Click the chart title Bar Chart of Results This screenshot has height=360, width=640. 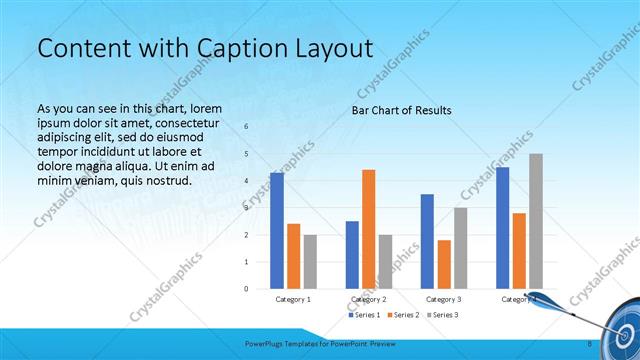pyautogui.click(x=401, y=110)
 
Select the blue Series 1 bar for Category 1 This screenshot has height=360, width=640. pyautogui.click(x=276, y=231)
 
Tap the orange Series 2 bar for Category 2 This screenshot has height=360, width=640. pyautogui.click(x=368, y=229)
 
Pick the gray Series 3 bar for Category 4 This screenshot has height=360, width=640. pyautogui.click(x=536, y=221)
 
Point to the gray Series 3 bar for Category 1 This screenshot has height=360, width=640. pyautogui.click(x=310, y=262)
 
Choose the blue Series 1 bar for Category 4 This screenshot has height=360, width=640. pyautogui.click(x=502, y=228)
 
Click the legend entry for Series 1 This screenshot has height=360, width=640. pyautogui.click(x=364, y=315)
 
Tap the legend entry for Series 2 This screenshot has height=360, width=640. pyautogui.click(x=403, y=315)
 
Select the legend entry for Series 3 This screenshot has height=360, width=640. pyautogui.click(x=442, y=315)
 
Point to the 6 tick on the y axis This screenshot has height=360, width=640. pyautogui.click(x=247, y=127)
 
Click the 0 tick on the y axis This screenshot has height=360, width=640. pyautogui.click(x=247, y=289)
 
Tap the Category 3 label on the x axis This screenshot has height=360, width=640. pyautogui.click(x=444, y=299)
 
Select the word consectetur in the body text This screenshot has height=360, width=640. pyautogui.click(x=186, y=122)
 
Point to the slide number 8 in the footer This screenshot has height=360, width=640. pyautogui.click(x=589, y=344)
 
